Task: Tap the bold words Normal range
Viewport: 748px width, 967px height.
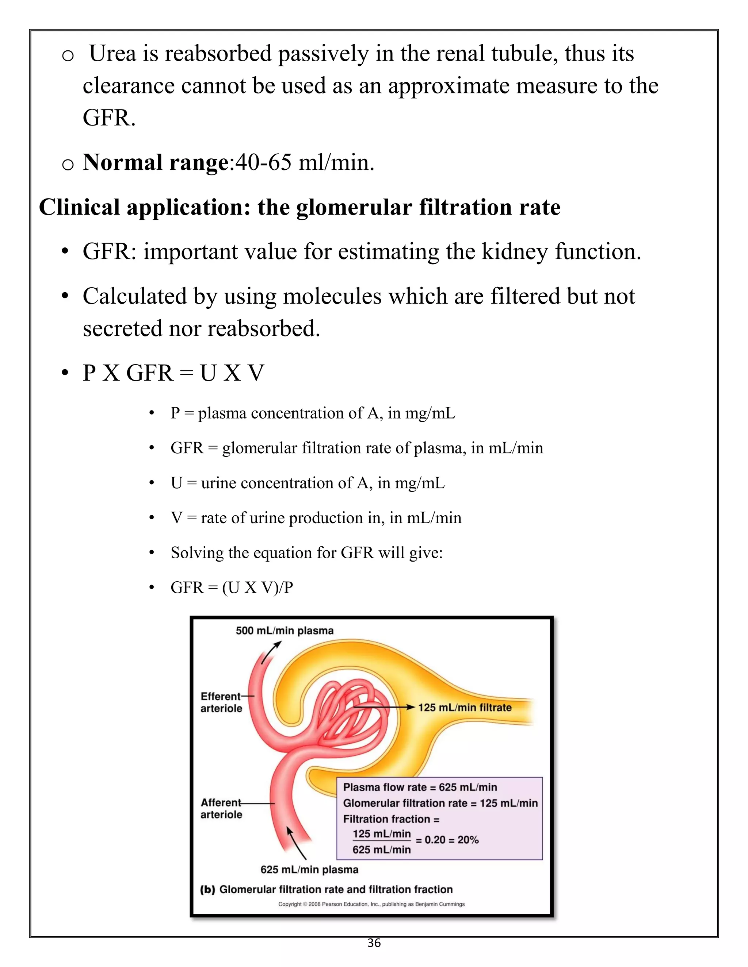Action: [156, 162]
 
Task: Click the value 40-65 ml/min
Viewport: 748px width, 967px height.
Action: [305, 162]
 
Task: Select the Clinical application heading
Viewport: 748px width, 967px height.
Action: [299, 207]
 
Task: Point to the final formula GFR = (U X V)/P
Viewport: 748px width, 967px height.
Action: [232, 587]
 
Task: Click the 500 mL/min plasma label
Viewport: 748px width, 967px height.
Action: [285, 631]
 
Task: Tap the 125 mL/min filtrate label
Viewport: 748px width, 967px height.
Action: [465, 708]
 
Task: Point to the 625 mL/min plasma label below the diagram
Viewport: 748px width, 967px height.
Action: [309, 870]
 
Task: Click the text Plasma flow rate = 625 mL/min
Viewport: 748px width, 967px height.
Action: [420, 787]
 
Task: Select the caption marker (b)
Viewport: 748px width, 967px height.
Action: [207, 890]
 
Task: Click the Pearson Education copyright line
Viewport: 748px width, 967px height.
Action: [371, 904]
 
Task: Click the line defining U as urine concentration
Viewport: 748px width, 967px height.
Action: [308, 483]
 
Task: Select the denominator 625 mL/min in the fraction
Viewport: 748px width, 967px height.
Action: [382, 850]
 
